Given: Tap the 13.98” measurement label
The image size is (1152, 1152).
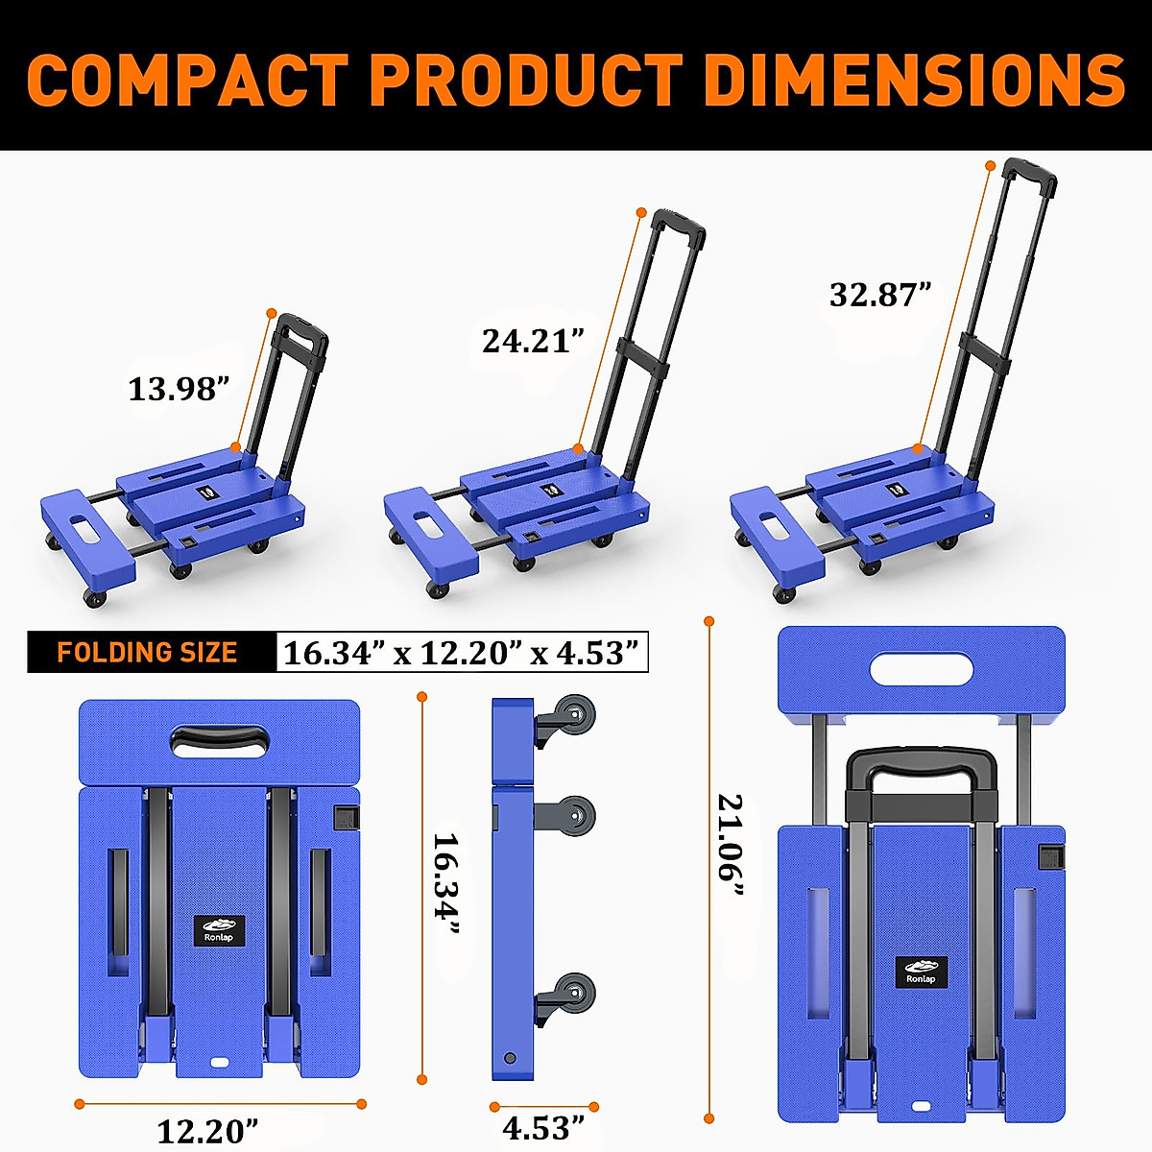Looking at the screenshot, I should (x=179, y=389).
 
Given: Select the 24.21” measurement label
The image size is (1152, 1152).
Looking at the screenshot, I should (x=533, y=341).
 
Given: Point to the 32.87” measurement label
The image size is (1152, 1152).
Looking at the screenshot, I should (x=880, y=294).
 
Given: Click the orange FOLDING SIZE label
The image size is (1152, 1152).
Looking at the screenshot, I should (x=147, y=653).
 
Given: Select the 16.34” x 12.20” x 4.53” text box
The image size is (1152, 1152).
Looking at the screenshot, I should (x=461, y=653).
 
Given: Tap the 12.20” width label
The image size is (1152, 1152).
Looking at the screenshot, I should (x=207, y=1130).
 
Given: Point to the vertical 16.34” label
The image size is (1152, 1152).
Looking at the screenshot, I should (x=445, y=883).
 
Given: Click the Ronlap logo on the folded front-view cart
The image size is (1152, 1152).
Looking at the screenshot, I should (x=219, y=930).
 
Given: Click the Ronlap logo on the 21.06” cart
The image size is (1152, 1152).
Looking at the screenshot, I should (x=922, y=972).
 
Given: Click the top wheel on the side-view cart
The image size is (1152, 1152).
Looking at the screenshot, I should (x=574, y=718).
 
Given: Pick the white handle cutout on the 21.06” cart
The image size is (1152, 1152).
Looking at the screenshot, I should (x=921, y=668).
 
